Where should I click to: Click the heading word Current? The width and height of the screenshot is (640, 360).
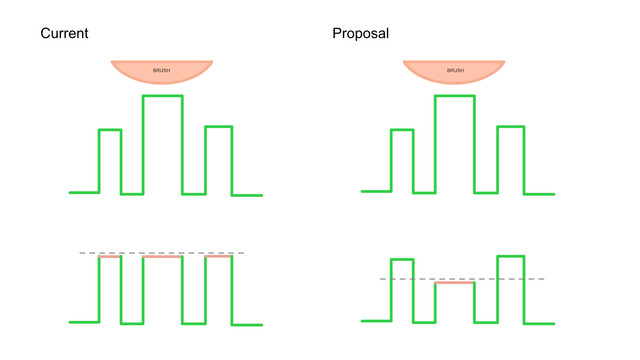tap(64, 33)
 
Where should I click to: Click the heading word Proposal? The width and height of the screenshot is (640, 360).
tap(360, 33)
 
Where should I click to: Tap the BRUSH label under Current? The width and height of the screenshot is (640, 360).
tap(162, 70)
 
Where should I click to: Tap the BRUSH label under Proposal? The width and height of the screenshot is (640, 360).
tap(456, 70)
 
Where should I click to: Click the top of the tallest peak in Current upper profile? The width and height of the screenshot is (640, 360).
tap(162, 96)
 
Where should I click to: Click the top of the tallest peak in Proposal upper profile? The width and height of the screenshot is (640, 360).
tap(455, 96)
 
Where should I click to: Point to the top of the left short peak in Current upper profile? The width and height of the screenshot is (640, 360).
tap(110, 130)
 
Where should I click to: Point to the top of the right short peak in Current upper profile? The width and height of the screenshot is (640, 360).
tap(219, 127)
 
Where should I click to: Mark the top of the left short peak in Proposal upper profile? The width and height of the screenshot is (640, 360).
tap(402, 130)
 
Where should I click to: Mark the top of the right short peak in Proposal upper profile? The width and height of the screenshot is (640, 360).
tap(511, 127)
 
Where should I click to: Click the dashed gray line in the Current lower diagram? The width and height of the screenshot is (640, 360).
tap(162, 253)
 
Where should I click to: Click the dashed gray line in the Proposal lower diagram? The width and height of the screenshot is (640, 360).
tap(462, 279)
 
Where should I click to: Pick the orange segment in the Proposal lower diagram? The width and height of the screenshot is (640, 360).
tap(455, 282)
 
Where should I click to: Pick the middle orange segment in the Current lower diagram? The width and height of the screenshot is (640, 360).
tap(162, 257)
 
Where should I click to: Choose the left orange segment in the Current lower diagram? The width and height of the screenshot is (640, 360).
tap(110, 257)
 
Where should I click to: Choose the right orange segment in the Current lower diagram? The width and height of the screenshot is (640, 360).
tap(218, 256)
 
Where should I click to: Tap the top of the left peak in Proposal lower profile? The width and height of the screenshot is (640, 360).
tap(402, 259)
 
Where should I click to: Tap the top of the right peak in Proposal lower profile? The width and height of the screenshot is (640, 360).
tap(511, 256)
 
